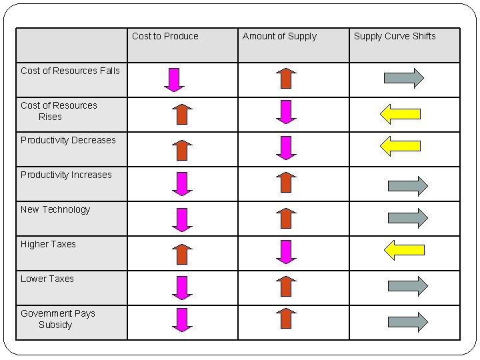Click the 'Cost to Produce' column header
[x=165, y=36]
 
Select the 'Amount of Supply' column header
[x=279, y=36]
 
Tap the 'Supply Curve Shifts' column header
[x=395, y=36]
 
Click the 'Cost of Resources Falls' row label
[x=70, y=71]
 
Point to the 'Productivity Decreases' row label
[x=68, y=140]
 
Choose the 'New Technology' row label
[x=55, y=209]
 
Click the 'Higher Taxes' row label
[x=48, y=244]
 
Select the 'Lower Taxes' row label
[x=47, y=279]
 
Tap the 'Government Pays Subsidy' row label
[x=57, y=319]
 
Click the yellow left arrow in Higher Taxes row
[x=404, y=250]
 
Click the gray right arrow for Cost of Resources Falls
[x=404, y=78]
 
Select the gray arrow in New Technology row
[x=407, y=217]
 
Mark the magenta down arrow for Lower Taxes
[x=182, y=287]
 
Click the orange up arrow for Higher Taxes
[x=182, y=254]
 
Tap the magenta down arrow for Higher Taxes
[x=286, y=251]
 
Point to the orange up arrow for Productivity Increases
[x=286, y=182]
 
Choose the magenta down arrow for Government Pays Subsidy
[x=182, y=319]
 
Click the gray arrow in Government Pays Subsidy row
[x=407, y=321]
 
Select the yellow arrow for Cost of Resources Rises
[x=400, y=113]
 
